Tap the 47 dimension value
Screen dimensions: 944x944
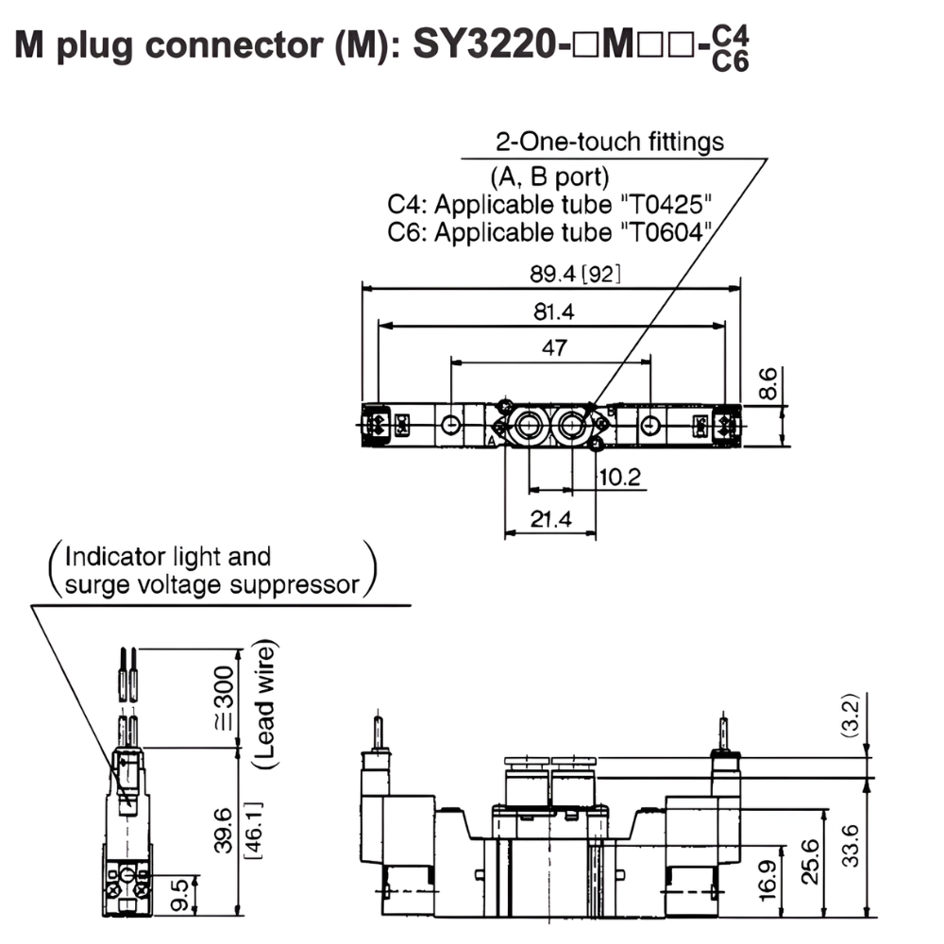(x=554, y=347)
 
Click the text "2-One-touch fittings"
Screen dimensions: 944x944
(x=610, y=142)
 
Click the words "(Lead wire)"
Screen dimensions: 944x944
(x=266, y=703)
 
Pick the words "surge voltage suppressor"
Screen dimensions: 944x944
(x=212, y=585)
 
